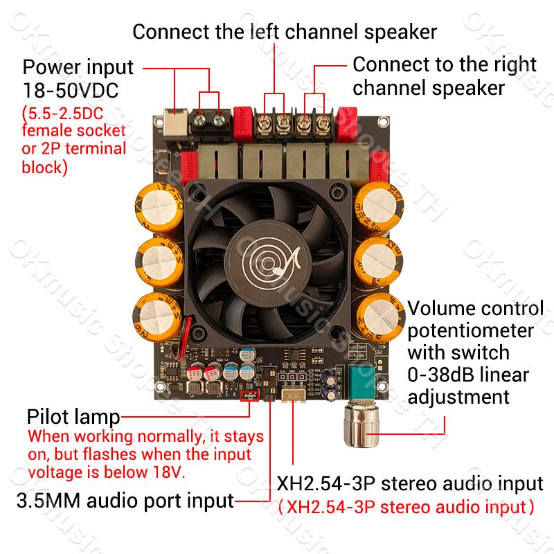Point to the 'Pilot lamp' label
click(x=73, y=418)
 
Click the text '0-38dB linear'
click(x=468, y=375)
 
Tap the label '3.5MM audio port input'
click(x=125, y=501)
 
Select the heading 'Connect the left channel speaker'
click(x=285, y=31)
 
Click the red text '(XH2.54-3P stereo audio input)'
click(x=406, y=507)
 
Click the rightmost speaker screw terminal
click(x=323, y=125)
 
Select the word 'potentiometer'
click(x=470, y=330)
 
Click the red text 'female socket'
click(x=74, y=130)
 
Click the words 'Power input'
click(x=78, y=67)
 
